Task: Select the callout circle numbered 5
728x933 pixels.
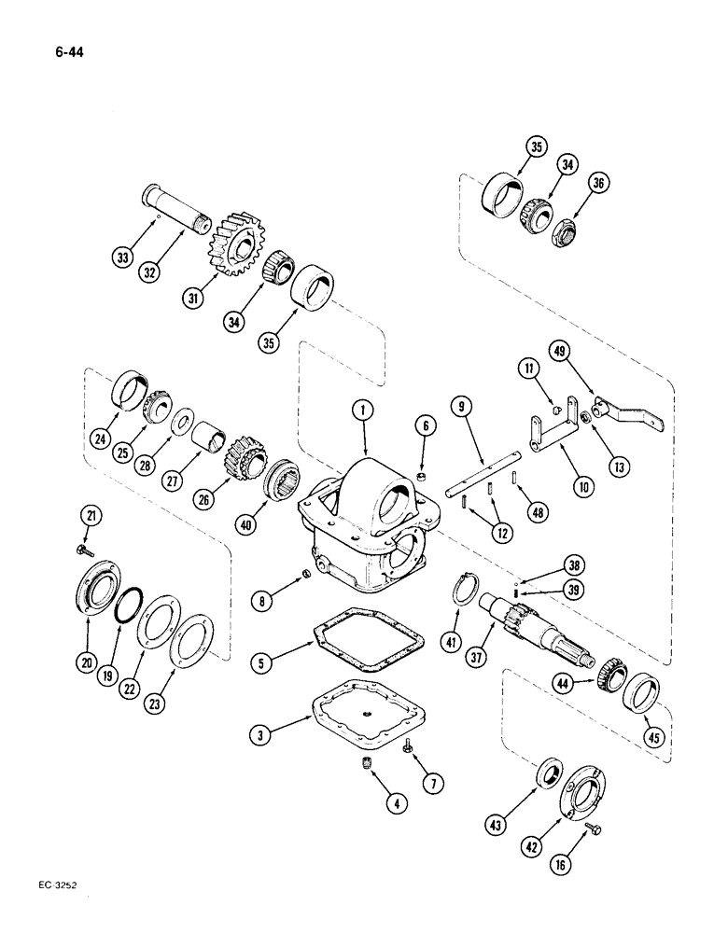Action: pos(262,663)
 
